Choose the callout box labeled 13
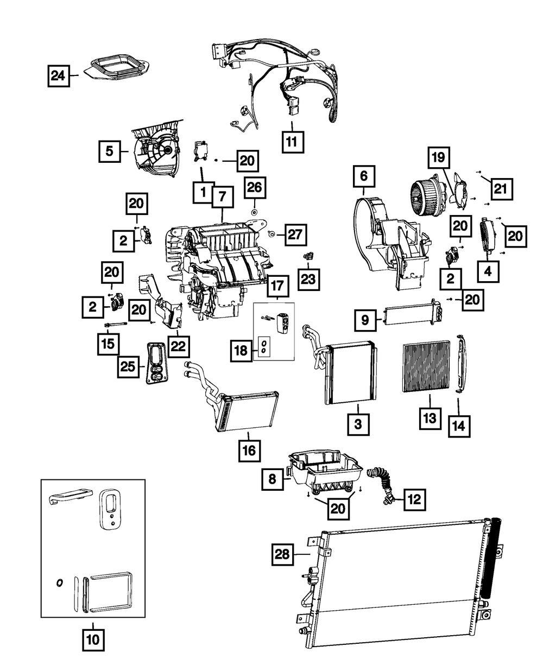(430, 417)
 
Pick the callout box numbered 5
(110, 151)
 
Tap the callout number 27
(294, 235)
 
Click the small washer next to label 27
(270, 234)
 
